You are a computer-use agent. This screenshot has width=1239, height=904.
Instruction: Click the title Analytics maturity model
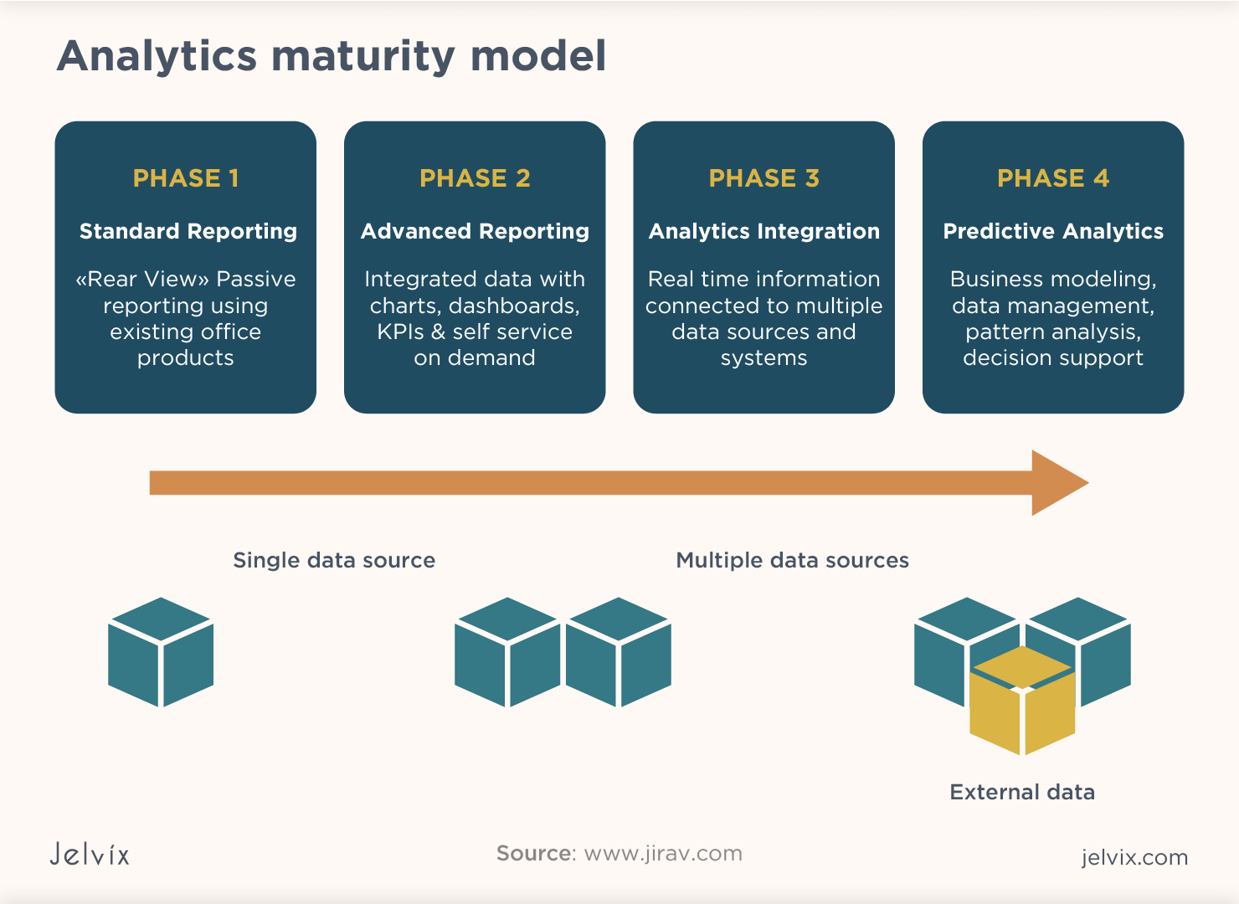pos(332,57)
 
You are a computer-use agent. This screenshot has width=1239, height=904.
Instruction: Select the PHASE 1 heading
pos(186,178)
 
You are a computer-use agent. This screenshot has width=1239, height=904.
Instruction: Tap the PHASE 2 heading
pos(475,178)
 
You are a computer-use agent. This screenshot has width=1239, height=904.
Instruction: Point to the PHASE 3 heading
pos(763,178)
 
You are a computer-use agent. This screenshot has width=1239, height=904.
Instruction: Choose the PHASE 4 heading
pos(1052,178)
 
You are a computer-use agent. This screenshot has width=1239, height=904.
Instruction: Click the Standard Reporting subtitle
pos(188,231)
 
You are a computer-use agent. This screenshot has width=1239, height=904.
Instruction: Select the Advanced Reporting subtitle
pos(475,231)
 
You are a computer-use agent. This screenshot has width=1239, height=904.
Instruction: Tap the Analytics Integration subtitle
pos(763,231)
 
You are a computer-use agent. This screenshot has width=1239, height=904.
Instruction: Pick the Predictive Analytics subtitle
pos(1052,231)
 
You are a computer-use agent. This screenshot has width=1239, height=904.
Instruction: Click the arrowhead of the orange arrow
pos(1056,483)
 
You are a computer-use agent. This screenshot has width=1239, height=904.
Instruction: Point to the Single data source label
pos(334,560)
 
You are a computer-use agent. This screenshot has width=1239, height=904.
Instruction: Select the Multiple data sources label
pos(792,560)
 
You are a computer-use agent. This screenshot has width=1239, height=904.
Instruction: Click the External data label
pos(1021,792)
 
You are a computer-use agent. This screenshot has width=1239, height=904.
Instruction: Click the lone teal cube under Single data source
pos(161,652)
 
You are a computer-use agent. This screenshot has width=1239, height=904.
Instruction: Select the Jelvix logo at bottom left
pos(90,854)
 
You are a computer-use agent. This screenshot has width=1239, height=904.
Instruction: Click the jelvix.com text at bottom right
pos(1134,857)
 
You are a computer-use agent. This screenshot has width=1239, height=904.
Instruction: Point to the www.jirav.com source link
pos(662,853)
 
